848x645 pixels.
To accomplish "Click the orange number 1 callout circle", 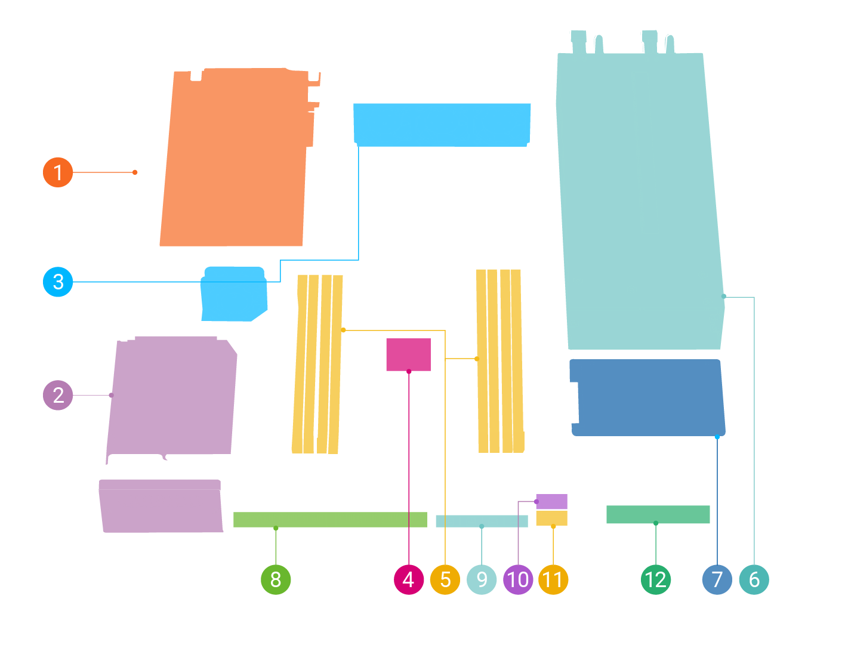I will tap(58, 172).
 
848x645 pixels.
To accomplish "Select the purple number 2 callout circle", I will tap(58, 395).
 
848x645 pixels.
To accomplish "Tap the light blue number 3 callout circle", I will tap(58, 282).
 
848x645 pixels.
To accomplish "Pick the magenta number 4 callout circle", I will tap(409, 579).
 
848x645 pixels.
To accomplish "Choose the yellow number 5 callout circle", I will tap(445, 579).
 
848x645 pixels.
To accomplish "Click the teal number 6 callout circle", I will tap(754, 579).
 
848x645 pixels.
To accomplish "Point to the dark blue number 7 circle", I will tap(717, 579).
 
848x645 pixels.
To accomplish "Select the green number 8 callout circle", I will tap(276, 579).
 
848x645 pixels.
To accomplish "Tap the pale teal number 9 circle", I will tap(482, 579).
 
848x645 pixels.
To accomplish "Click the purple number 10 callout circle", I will tap(518, 579).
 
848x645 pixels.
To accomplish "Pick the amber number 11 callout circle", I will tap(553, 579).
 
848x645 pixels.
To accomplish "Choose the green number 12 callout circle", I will tap(656, 579).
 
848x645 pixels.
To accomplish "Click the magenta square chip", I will tap(408, 354).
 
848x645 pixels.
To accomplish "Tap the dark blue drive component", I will tap(647, 397).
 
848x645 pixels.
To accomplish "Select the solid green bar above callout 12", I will tap(658, 514).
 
